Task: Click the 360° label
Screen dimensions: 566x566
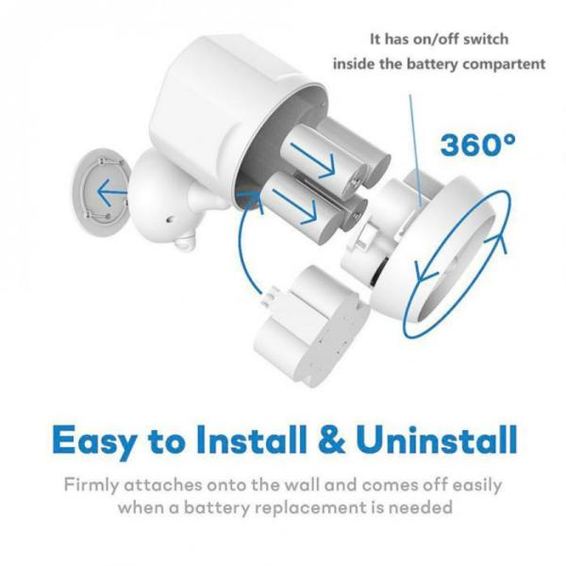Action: click(x=478, y=145)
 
